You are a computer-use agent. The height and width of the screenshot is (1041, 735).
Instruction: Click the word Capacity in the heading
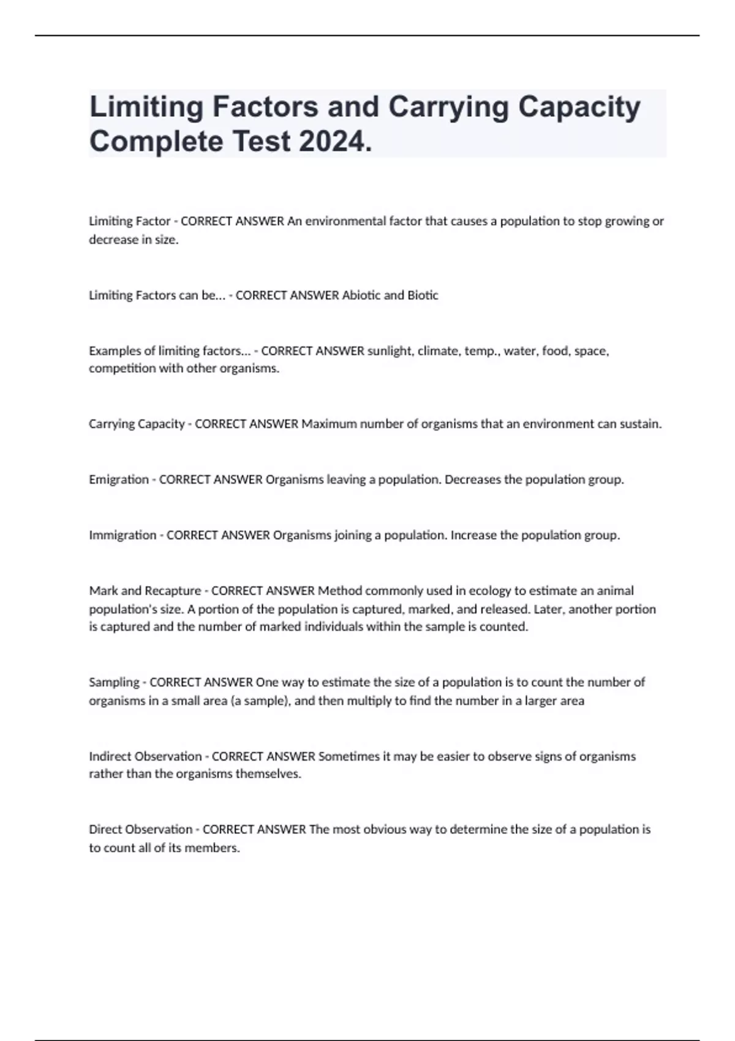579,107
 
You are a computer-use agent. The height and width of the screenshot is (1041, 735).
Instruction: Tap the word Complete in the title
156,141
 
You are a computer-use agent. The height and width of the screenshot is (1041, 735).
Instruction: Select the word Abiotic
361,295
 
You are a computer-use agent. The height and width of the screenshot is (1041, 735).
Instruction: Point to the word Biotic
423,295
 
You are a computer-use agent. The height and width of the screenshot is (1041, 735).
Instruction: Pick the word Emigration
119,479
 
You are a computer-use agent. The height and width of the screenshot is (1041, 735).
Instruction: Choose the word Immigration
123,535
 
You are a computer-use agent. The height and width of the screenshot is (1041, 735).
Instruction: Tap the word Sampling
114,682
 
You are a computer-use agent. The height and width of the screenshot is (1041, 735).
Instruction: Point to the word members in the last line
211,848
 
